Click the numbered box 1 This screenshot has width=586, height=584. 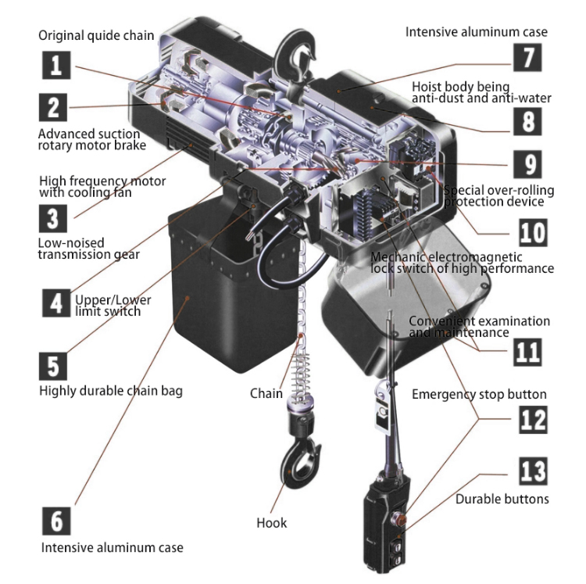point(56,65)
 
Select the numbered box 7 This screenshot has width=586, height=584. point(527,57)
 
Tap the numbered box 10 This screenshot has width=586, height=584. point(533,232)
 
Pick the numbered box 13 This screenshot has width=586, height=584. point(533,471)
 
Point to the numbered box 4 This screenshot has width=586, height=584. point(56,303)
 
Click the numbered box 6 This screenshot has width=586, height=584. point(56,521)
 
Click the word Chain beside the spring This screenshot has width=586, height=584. point(266,393)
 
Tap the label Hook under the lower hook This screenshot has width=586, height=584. point(272,523)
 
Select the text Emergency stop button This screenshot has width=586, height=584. point(479,395)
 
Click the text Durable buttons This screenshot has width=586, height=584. point(502,499)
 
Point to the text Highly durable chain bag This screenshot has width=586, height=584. point(111,391)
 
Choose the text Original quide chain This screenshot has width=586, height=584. point(96,35)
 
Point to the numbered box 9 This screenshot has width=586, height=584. point(527,164)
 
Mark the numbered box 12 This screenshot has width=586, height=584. point(533,420)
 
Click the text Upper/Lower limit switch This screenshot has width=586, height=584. point(113,306)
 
